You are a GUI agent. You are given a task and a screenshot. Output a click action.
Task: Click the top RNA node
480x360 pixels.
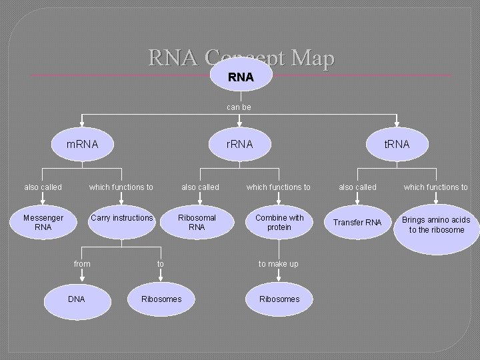click(240, 77)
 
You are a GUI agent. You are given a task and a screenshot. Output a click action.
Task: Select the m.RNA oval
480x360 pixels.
click(83, 144)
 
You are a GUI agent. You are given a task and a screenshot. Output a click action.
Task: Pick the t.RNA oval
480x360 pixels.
click(397, 144)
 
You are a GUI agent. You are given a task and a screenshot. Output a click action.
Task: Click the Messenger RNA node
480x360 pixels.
click(43, 223)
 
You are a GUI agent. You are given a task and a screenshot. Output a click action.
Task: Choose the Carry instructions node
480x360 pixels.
click(122, 220)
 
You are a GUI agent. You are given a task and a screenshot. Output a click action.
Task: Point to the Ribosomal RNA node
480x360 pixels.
click(197, 223)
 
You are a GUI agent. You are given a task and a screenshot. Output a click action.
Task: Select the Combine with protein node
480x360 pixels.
click(279, 223)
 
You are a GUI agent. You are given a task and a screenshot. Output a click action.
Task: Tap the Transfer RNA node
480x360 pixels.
click(357, 223)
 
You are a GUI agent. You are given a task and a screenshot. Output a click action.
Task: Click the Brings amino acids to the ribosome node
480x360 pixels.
click(436, 225)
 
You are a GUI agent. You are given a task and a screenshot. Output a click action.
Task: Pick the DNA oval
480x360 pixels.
click(77, 299)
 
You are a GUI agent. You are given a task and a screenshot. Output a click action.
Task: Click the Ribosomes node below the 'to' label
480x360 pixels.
click(161, 299)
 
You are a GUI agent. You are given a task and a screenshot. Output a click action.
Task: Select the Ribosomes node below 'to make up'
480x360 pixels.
click(279, 299)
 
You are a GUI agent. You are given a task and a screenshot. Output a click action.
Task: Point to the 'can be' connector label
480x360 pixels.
click(239, 107)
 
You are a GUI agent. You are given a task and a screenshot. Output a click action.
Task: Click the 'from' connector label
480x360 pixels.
click(82, 264)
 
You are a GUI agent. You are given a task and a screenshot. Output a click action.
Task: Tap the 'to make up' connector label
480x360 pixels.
click(279, 264)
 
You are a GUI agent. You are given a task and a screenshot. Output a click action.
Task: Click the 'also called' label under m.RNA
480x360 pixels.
click(43, 187)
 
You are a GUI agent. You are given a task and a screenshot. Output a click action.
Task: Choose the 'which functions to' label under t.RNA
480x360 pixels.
click(436, 187)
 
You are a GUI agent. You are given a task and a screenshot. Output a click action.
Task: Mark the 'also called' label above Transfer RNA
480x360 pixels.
click(357, 187)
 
